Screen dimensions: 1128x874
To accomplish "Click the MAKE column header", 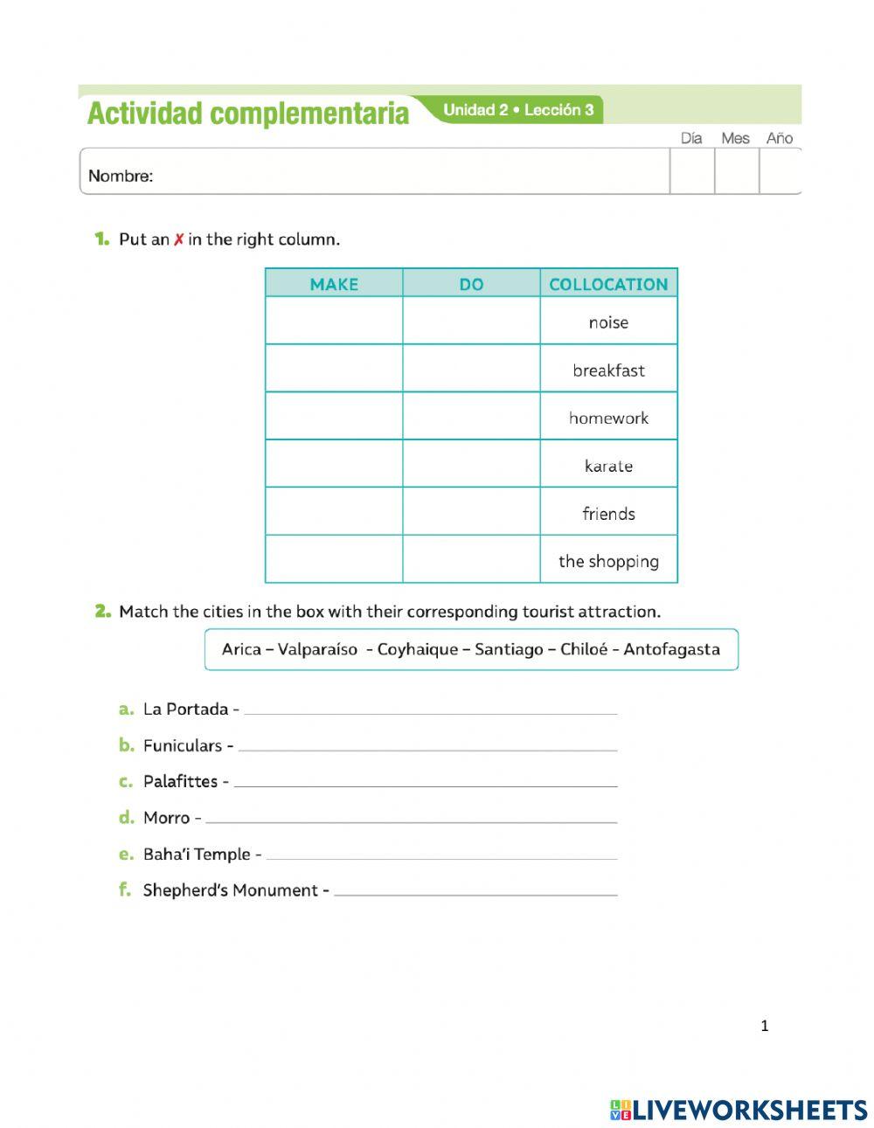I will tap(334, 284).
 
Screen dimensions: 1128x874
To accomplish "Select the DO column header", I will tap(471, 284).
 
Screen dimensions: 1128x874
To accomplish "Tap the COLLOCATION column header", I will tap(608, 284).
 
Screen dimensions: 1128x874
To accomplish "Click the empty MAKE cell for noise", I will tap(334, 322).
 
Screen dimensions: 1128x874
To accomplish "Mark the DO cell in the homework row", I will tap(471, 417).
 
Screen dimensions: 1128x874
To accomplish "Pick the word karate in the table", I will tap(608, 466).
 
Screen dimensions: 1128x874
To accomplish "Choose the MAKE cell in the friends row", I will tap(334, 512).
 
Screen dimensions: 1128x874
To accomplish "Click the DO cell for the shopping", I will tap(471, 559).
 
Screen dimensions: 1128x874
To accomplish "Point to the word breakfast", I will tap(608, 370).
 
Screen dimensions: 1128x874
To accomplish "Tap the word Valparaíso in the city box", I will tap(317, 649).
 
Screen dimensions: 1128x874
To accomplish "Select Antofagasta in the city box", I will tap(671, 649).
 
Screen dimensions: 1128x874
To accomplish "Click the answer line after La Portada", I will tap(430, 711).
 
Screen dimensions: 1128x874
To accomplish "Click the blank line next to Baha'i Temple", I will tap(441, 856).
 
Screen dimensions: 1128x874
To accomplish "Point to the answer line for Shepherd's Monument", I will tap(475, 892).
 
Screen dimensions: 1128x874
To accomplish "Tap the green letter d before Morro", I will tap(126, 817).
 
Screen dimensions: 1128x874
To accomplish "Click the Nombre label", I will tap(121, 176).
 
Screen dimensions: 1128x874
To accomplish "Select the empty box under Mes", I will tap(736, 171).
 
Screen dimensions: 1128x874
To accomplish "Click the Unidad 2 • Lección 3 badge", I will tap(518, 110).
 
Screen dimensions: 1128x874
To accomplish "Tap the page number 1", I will tap(765, 1026).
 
